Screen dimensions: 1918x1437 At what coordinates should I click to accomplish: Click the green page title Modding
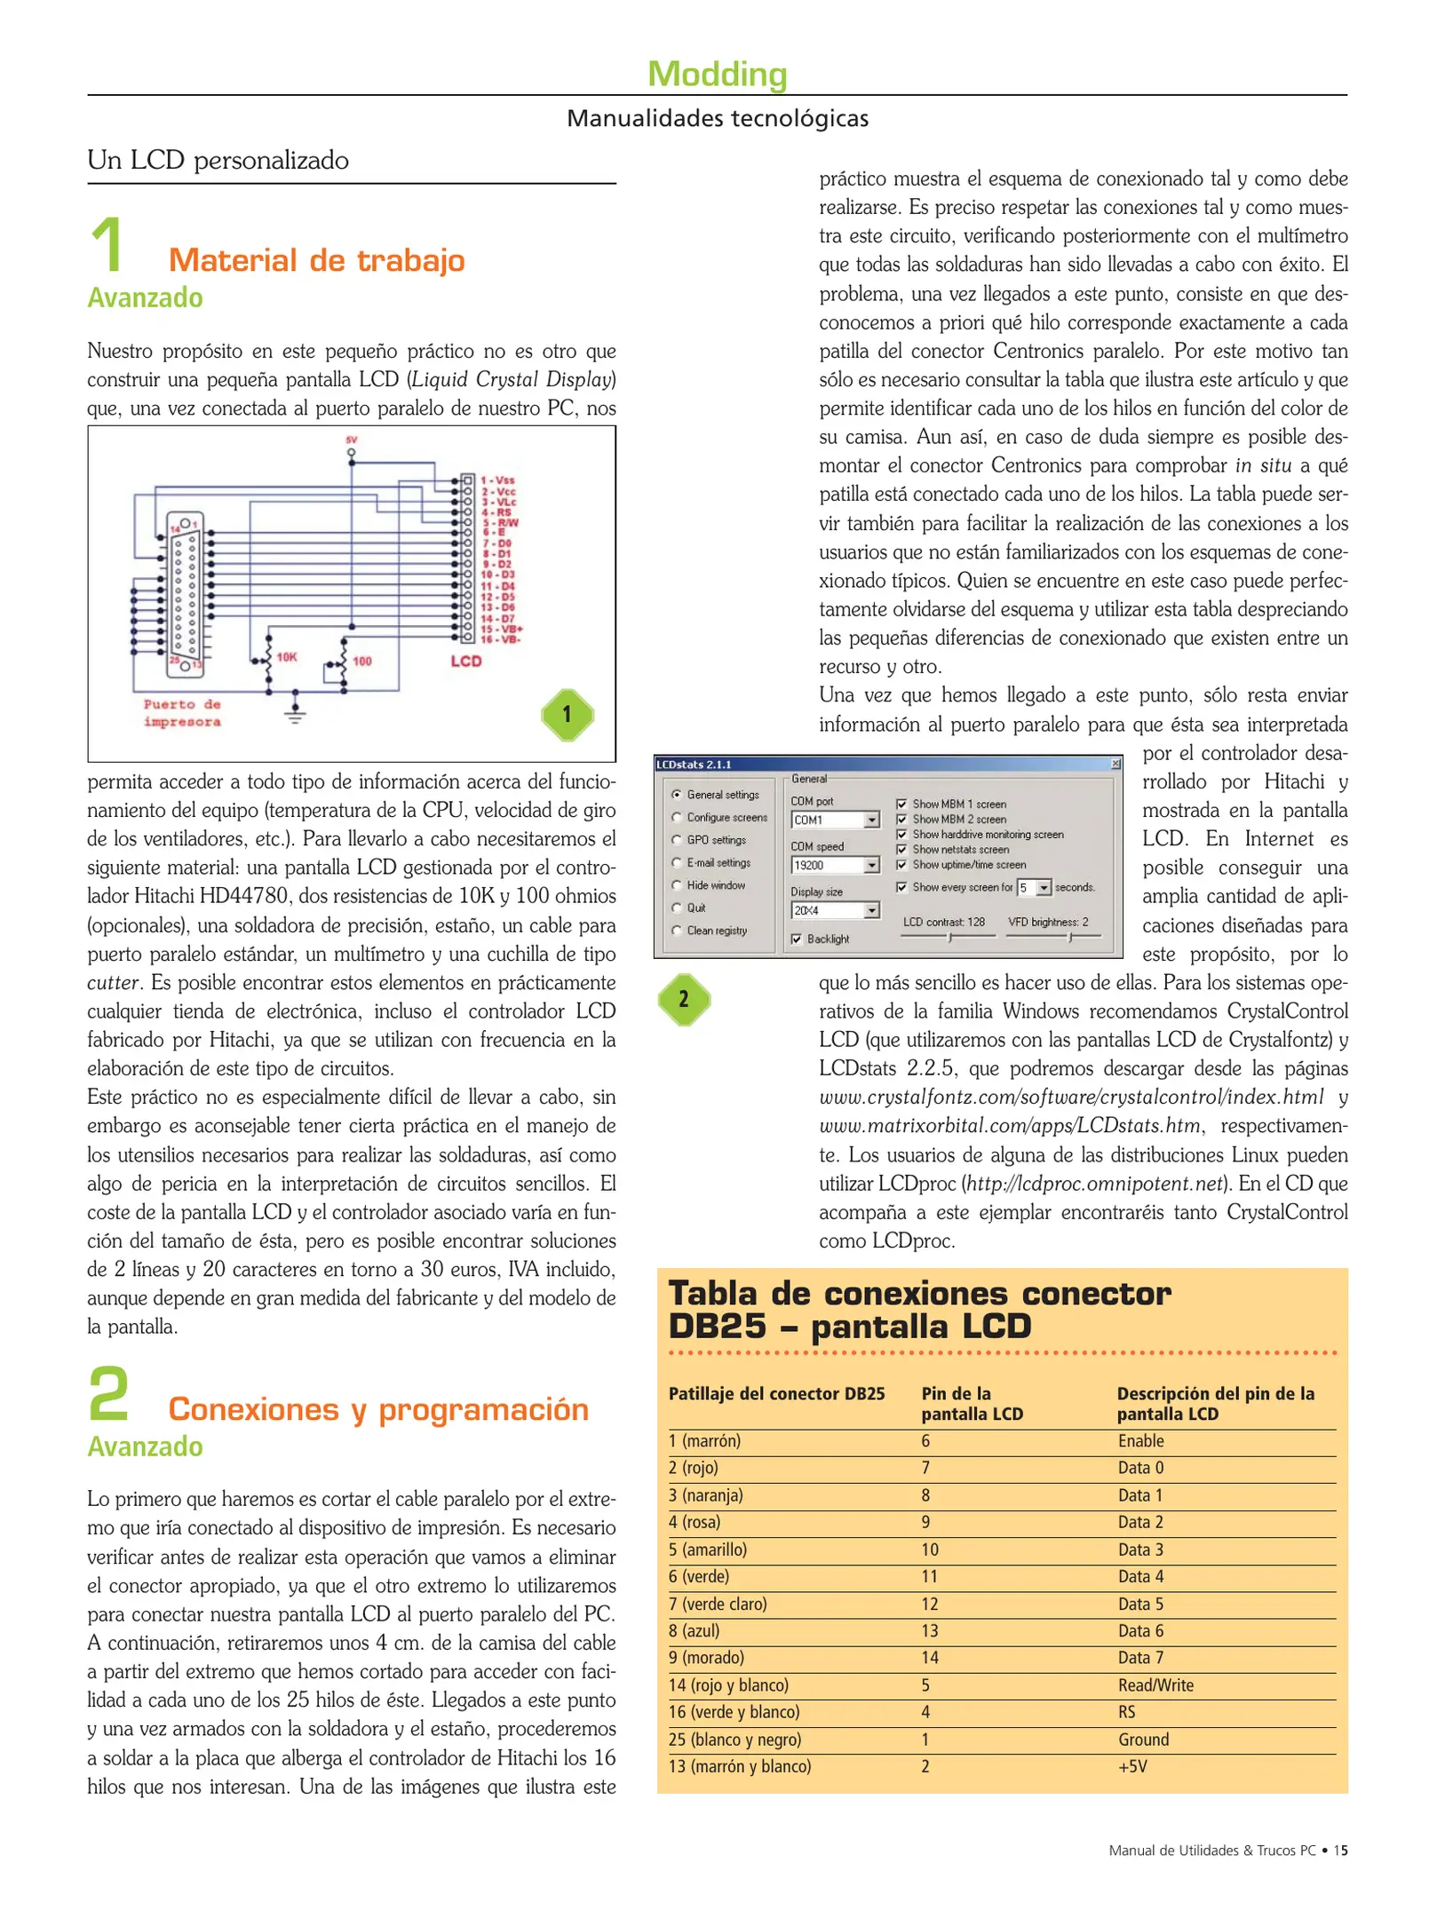click(x=717, y=74)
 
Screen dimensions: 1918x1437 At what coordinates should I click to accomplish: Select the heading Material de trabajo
click(x=316, y=260)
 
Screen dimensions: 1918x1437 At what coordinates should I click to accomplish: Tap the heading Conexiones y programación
click(x=378, y=1408)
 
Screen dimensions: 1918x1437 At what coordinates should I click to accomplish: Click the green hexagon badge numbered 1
click(x=568, y=714)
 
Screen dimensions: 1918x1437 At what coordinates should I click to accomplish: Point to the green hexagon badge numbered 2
click(x=683, y=999)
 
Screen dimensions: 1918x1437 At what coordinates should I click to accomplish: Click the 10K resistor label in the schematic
click(x=286, y=657)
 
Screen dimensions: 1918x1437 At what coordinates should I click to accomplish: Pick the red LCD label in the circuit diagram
click(x=465, y=661)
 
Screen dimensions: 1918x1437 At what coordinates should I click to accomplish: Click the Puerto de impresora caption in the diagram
click(x=182, y=712)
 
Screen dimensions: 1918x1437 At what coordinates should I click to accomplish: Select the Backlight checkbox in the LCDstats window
click(x=797, y=939)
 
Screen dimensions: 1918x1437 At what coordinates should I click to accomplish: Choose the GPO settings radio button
click(x=677, y=839)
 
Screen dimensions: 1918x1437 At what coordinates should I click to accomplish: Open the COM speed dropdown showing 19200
click(x=871, y=865)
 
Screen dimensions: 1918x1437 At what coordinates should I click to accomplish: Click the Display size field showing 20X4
click(x=833, y=910)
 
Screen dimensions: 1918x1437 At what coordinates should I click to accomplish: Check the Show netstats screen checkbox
click(x=901, y=849)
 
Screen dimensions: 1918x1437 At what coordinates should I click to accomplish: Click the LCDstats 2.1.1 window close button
click(x=1115, y=764)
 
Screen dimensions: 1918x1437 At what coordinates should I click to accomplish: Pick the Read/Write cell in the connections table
click(x=1155, y=1684)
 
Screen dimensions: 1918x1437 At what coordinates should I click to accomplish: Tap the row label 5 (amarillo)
click(x=707, y=1549)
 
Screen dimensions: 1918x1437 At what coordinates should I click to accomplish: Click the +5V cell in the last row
click(x=1132, y=1765)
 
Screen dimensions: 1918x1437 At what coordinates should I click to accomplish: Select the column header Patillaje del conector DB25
click(x=776, y=1393)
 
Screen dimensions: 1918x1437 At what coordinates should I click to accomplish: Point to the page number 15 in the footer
click(x=1340, y=1850)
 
